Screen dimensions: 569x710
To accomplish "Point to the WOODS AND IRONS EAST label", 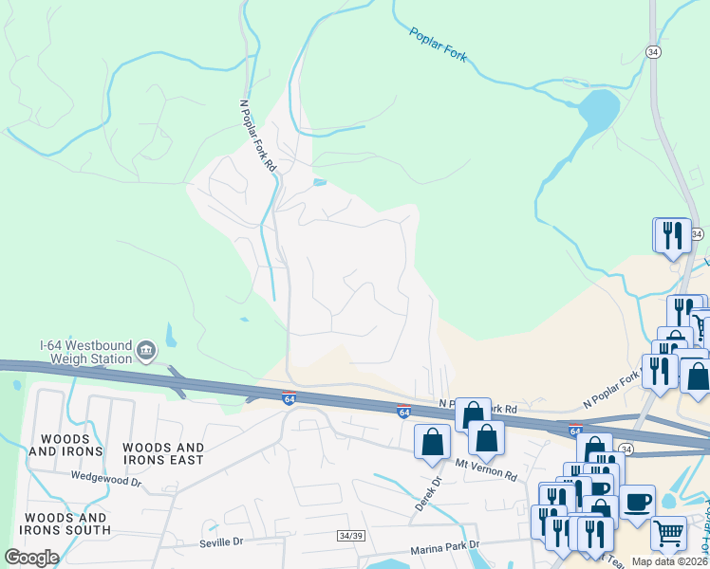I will (x=162, y=453).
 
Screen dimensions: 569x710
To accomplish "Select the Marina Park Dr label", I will (x=446, y=549).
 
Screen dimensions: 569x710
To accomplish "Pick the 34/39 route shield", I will (x=349, y=536).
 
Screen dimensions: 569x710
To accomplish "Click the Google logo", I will (x=31, y=558).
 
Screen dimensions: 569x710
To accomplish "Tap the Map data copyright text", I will (x=667, y=561).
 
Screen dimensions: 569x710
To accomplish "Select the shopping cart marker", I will (x=668, y=532).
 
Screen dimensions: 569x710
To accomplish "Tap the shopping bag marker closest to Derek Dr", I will (x=433, y=441).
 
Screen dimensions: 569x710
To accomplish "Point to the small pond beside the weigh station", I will (x=171, y=335).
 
